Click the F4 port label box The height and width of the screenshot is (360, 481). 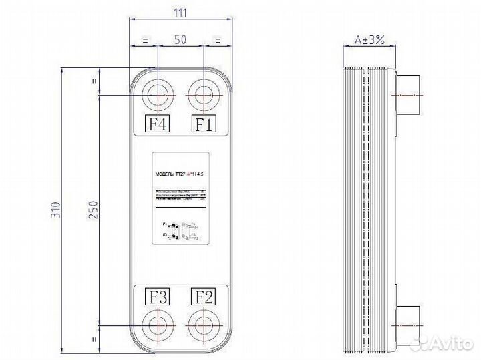coord(158,124)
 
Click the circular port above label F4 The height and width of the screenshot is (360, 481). coord(158,95)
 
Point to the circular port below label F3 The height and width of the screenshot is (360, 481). coord(158,326)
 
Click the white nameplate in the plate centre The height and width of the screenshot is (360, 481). coord(181,201)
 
